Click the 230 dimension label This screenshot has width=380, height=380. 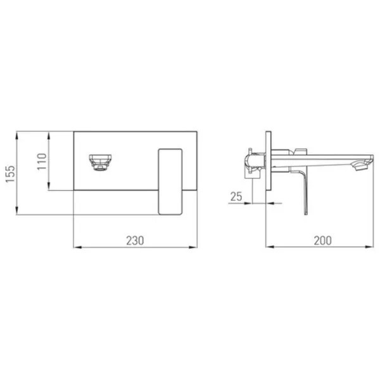(135, 241)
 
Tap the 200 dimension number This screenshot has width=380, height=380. (322, 241)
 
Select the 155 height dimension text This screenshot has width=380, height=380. (10, 174)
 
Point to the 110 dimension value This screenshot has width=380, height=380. (42, 161)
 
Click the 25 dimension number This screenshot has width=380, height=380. (236, 196)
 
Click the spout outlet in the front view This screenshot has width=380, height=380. (100, 162)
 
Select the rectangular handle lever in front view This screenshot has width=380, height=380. (170, 182)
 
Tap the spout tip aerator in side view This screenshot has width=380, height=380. (362, 167)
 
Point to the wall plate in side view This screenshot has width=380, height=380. (269, 161)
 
